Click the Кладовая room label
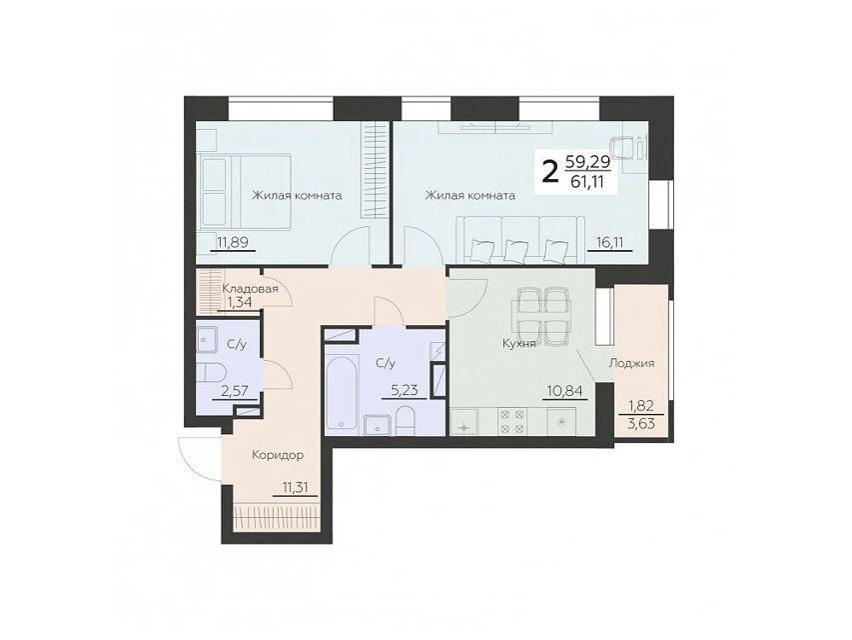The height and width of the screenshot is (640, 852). (x=250, y=288)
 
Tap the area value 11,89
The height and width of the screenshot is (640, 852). (x=233, y=242)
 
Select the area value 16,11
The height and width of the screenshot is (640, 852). (x=609, y=242)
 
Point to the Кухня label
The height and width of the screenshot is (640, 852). (x=519, y=344)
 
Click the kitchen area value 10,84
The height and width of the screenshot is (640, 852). (x=565, y=390)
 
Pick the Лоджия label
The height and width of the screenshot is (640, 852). (x=631, y=363)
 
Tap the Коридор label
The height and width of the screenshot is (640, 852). (x=278, y=455)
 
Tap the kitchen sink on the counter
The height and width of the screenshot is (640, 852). (x=463, y=422)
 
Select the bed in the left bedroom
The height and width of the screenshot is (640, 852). (x=244, y=191)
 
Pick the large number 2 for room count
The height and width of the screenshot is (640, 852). (x=550, y=174)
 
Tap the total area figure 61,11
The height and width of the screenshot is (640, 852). (x=586, y=182)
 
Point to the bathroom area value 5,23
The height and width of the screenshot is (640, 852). (x=405, y=390)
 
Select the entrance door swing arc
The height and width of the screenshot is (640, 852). (x=189, y=456)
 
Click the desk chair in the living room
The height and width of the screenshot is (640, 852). (x=624, y=147)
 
